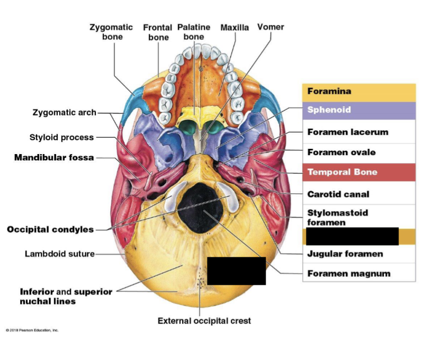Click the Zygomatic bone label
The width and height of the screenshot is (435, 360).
(x=112, y=32)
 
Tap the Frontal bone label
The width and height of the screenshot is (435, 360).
(x=158, y=32)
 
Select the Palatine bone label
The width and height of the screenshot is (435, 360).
(x=194, y=32)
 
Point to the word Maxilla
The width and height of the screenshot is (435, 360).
(x=234, y=27)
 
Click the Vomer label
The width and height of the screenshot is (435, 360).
(x=270, y=27)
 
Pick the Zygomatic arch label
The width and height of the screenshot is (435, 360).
(x=65, y=112)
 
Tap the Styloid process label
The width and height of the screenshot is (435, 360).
(x=61, y=137)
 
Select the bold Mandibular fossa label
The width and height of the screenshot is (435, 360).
(x=54, y=157)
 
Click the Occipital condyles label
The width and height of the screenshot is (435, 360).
(x=50, y=229)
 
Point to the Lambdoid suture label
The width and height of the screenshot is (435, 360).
(x=60, y=254)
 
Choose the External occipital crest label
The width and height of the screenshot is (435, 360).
(x=204, y=320)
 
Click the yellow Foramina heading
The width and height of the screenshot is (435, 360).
(x=329, y=91)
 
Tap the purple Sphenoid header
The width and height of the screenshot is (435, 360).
(x=329, y=110)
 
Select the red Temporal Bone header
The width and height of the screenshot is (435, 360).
(x=342, y=172)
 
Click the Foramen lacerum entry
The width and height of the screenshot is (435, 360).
(x=348, y=132)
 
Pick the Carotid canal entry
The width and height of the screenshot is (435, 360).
(x=338, y=194)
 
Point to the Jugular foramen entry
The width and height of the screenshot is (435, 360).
(x=345, y=254)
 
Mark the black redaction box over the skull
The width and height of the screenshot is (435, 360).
(x=236, y=271)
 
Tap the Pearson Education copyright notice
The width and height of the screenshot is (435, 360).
(x=32, y=330)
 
